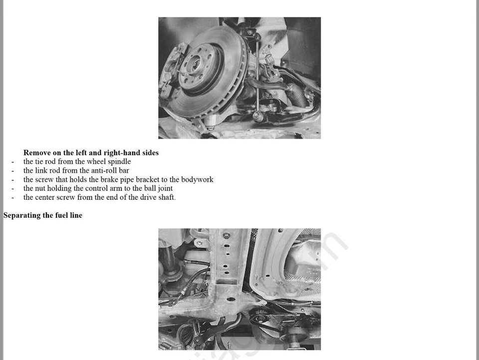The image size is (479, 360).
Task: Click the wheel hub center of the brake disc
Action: pos(194,64)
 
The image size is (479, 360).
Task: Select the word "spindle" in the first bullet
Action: pos(119,162)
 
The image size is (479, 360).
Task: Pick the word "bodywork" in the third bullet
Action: pos(197,180)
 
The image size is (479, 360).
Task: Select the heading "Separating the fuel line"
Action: pos(43,215)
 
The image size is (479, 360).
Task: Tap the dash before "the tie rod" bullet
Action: pos(12,162)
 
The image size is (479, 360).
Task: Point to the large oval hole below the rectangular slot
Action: pos(231,300)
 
